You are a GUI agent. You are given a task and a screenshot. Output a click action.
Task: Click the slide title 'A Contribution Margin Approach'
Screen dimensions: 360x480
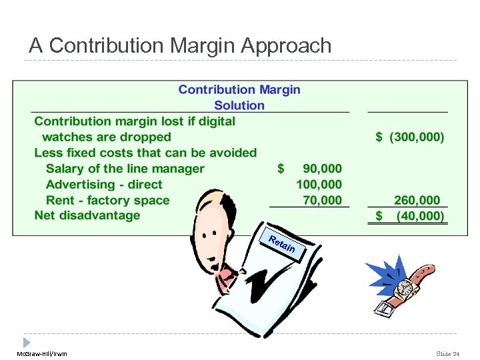coord(180,45)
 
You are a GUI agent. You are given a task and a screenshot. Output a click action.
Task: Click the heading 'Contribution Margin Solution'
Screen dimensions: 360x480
coord(239,97)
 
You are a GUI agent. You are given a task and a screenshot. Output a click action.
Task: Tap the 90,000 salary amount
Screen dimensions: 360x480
coord(321,169)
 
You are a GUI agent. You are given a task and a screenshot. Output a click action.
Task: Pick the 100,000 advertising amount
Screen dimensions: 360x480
coord(319,185)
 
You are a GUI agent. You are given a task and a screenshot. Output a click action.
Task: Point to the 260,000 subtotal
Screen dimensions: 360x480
coord(417,200)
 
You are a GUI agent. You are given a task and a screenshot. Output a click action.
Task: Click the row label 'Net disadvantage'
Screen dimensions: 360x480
coord(87,215)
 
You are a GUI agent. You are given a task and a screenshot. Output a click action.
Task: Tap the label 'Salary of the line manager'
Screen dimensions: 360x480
coord(125,169)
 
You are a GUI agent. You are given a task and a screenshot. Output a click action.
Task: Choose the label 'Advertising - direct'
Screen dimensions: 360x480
coord(104,185)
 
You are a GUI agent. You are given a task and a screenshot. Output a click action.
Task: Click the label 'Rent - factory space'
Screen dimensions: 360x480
coord(107,200)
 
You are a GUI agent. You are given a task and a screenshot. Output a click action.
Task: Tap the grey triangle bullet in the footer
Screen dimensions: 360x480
coord(27,342)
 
